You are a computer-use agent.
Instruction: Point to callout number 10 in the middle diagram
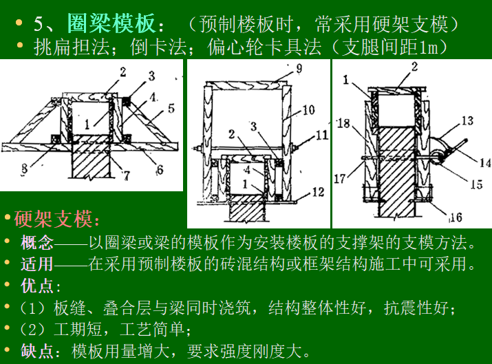coord(307,109)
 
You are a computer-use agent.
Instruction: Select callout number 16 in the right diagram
coord(455,217)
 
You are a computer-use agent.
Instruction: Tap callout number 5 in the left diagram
coord(171,108)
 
